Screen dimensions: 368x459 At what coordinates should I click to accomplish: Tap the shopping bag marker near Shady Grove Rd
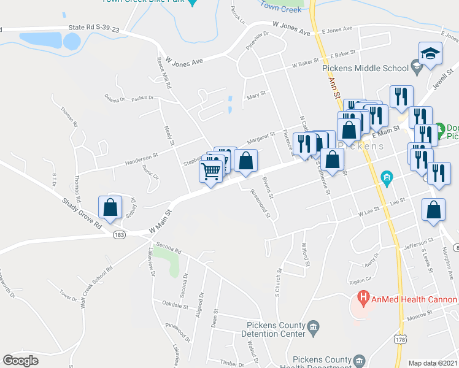pos(110,208)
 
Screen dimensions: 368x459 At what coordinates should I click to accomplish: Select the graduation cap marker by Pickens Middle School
pos(430,53)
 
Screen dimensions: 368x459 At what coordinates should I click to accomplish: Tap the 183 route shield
pos(119,235)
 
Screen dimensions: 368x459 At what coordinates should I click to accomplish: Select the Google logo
pos(20,361)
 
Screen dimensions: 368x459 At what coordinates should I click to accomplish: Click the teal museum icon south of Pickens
pos(387,179)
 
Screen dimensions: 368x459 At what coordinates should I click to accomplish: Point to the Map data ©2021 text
pos(433,363)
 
